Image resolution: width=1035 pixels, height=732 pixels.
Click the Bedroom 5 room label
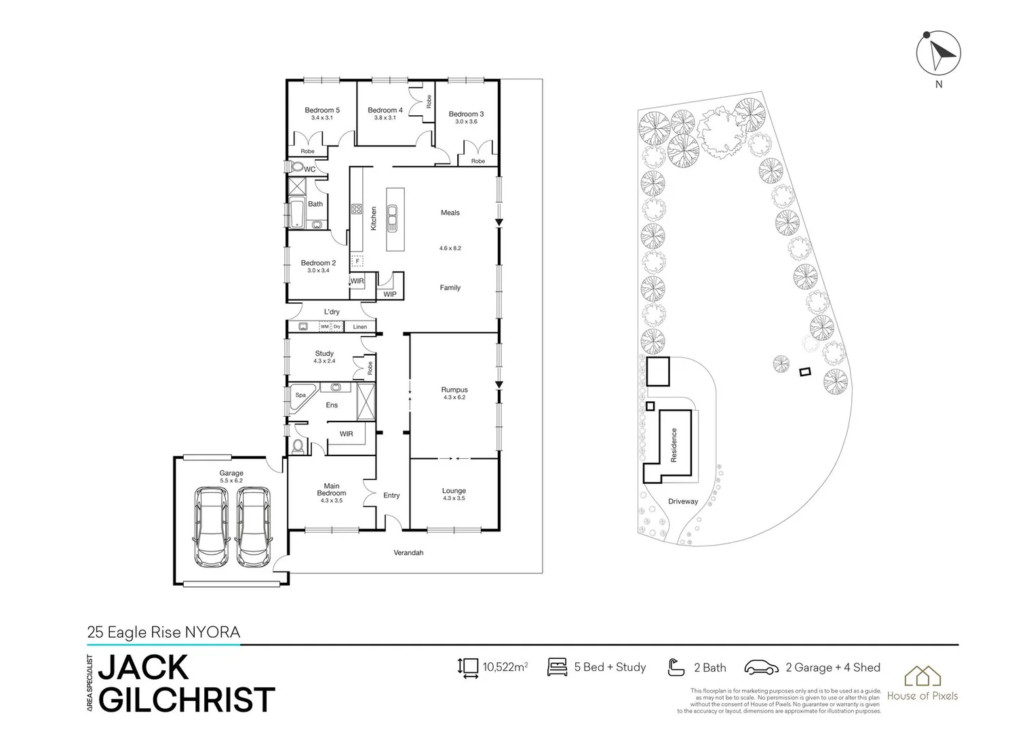pyautogui.click(x=321, y=110)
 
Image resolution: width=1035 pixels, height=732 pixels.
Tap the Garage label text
pyautogui.click(x=231, y=473)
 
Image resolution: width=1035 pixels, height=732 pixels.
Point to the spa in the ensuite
pyautogui.click(x=299, y=396)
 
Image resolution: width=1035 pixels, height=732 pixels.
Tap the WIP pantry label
pyautogui.click(x=390, y=295)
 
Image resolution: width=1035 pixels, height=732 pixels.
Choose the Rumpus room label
pyautogui.click(x=454, y=390)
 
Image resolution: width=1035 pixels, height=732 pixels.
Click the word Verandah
pyautogui.click(x=408, y=553)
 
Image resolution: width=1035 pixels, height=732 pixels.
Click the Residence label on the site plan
pyautogui.click(x=673, y=445)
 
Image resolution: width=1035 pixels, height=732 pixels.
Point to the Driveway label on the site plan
pyautogui.click(x=682, y=502)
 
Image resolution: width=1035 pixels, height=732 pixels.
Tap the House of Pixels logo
pyautogui.click(x=922, y=683)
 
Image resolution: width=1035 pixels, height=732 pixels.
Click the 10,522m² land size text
pyautogui.click(x=505, y=668)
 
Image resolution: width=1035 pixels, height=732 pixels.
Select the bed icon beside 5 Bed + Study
pyautogui.click(x=557, y=667)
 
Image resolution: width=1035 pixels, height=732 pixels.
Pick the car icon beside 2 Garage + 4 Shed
pyautogui.click(x=761, y=668)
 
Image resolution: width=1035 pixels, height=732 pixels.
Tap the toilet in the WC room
pyautogui.click(x=296, y=167)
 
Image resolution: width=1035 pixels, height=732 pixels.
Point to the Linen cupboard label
pyautogui.click(x=360, y=327)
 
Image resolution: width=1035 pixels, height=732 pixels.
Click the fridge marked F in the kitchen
pyautogui.click(x=357, y=260)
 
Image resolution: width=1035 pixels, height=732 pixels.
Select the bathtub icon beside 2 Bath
pyautogui.click(x=676, y=668)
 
